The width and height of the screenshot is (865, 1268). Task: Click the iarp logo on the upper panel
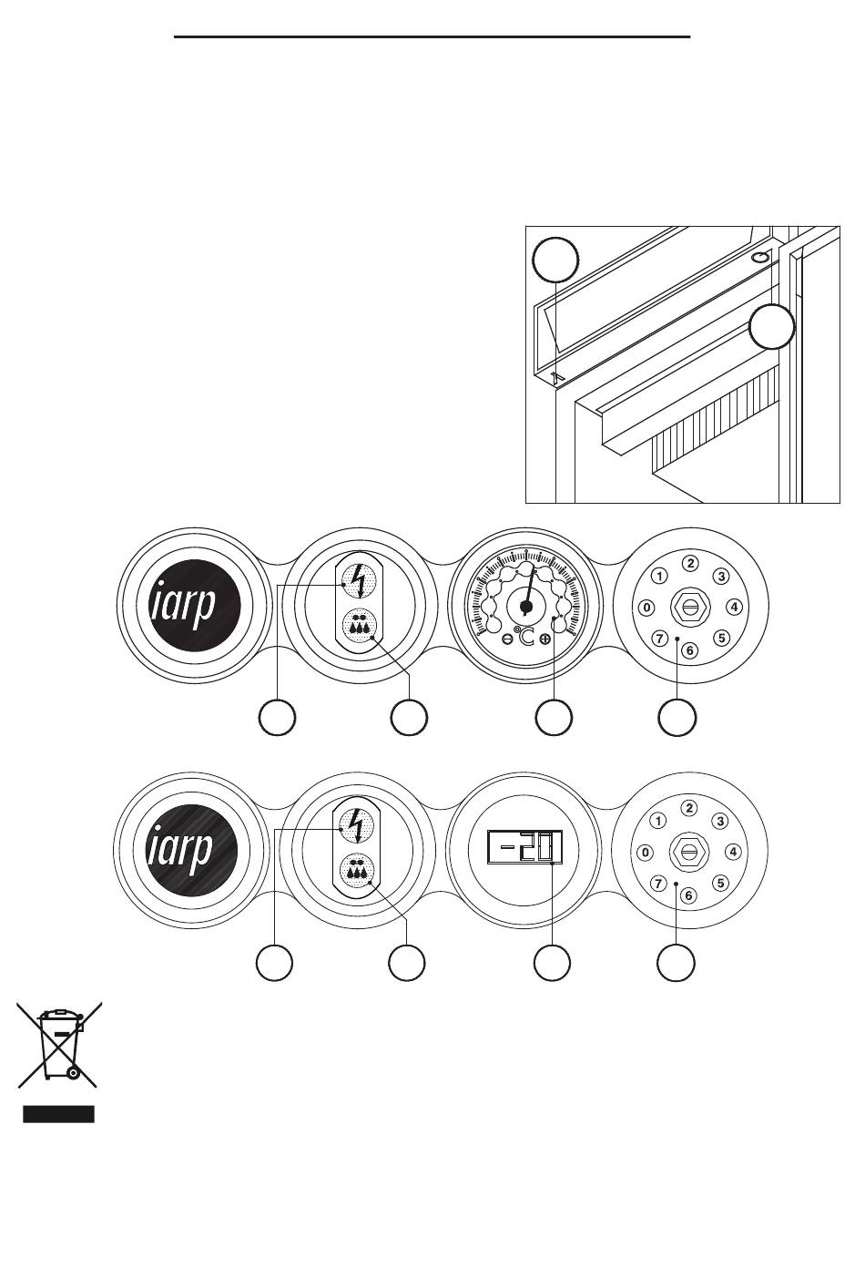tap(195, 605)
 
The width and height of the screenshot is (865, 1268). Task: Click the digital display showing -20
tap(524, 847)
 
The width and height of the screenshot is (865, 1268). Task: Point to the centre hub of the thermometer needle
tap(526, 607)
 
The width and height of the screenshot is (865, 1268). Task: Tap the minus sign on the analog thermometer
tap(507, 639)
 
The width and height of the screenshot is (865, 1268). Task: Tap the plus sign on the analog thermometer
tap(544, 639)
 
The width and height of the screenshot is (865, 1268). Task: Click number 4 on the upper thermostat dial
tap(734, 608)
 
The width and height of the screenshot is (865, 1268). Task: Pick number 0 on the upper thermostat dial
tap(646, 608)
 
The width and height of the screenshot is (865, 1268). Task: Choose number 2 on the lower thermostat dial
tap(688, 808)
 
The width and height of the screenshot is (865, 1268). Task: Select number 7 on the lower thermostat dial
tap(657, 883)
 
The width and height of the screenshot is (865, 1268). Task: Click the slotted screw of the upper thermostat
tap(689, 607)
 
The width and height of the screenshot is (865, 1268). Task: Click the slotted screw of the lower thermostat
tap(688, 852)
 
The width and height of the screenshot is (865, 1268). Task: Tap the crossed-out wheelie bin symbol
tap(59, 1045)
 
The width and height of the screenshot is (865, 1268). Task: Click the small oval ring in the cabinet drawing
tap(760, 258)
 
